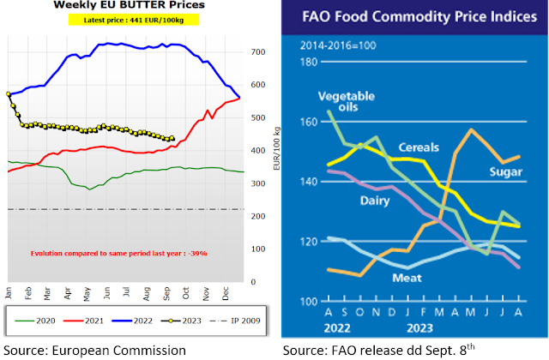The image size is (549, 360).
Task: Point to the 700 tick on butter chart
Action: click(256, 52)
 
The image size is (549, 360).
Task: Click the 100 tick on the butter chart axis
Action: click(256, 249)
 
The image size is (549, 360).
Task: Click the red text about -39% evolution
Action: click(118, 254)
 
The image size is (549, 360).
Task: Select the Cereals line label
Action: click(417, 147)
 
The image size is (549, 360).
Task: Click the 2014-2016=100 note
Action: click(337, 44)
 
